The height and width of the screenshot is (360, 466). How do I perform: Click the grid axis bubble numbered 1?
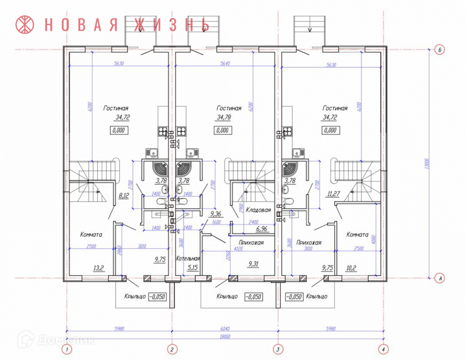tap(68, 349)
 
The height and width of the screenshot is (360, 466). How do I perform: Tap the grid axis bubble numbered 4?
tap(383, 349)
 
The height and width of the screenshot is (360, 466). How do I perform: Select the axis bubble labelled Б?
tap(438, 49)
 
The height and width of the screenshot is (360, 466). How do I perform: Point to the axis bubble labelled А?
tap(438, 278)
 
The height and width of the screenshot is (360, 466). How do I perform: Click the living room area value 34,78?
tap(226, 117)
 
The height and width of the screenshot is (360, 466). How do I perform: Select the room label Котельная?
tap(188, 258)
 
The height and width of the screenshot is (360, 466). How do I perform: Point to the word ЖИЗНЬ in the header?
tap(172, 24)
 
